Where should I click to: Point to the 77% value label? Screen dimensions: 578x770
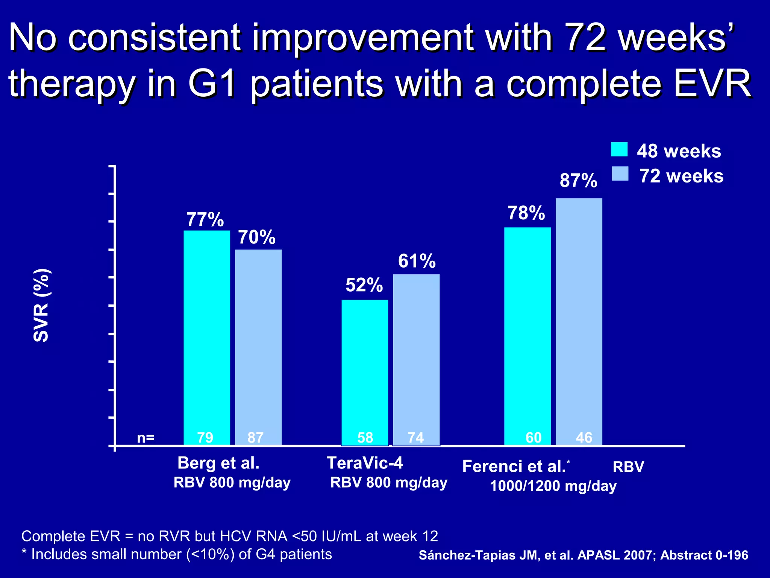pyautogui.click(x=205, y=220)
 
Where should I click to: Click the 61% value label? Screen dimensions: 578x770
pyautogui.click(x=417, y=261)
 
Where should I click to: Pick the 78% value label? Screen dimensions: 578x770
pyautogui.click(x=526, y=213)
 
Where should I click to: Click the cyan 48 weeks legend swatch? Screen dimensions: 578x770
pyautogui.click(x=619, y=149)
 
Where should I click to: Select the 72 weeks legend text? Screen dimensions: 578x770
pyautogui.click(x=681, y=176)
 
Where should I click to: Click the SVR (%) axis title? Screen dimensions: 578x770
pyautogui.click(x=41, y=305)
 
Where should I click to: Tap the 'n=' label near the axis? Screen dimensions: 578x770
pyautogui.click(x=146, y=438)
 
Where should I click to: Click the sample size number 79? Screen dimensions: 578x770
pyautogui.click(x=205, y=438)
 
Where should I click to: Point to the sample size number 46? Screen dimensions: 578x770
pyautogui.click(x=584, y=438)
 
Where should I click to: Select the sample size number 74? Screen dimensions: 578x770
pyautogui.click(x=416, y=438)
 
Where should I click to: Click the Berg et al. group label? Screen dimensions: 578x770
pyautogui.click(x=218, y=463)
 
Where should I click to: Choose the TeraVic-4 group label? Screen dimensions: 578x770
pyautogui.click(x=365, y=463)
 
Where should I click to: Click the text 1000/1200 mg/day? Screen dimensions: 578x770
pyautogui.click(x=553, y=486)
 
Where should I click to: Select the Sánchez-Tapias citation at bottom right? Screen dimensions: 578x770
pyautogui.click(x=583, y=555)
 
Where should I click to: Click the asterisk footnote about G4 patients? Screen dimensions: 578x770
pyautogui.click(x=177, y=554)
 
